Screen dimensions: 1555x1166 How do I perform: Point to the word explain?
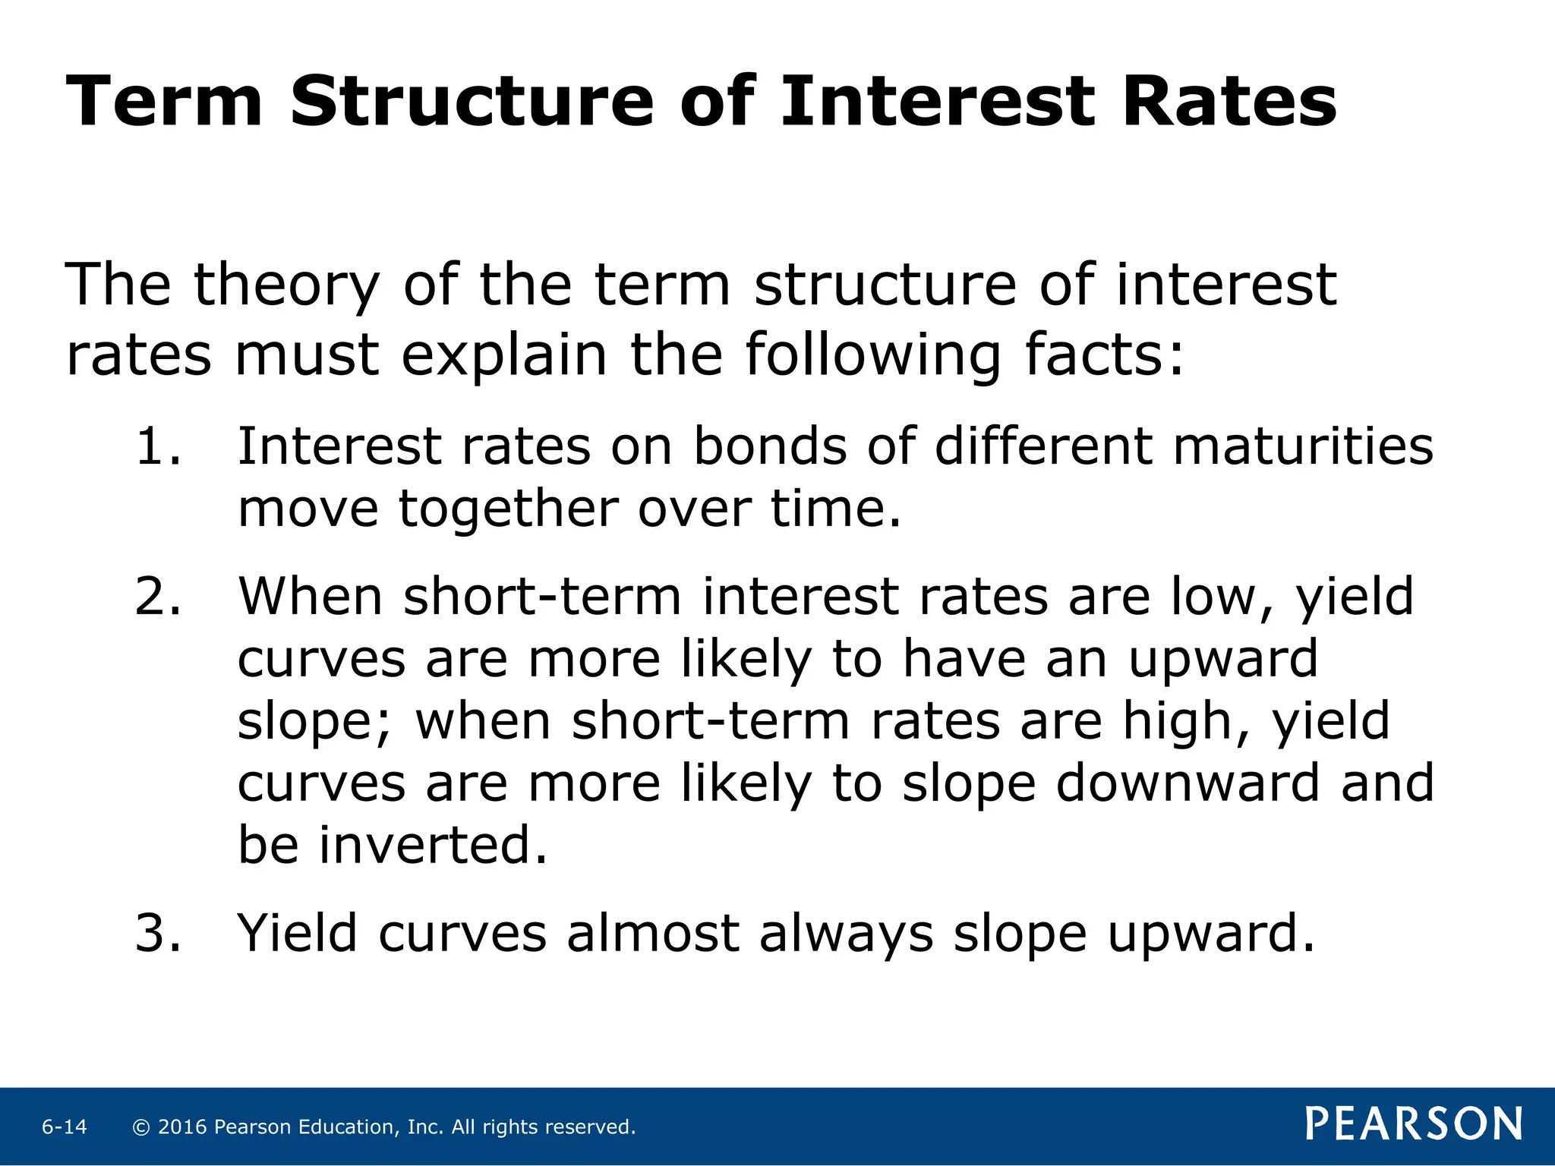pyautogui.click(x=504, y=356)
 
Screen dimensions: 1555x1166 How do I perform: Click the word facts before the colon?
pyautogui.click(x=1104, y=355)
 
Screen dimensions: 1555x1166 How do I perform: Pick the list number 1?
pyautogui.click(x=158, y=446)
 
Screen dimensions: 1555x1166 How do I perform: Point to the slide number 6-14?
pyautogui.click(x=65, y=1127)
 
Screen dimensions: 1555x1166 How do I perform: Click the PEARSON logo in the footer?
pyautogui.click(x=1414, y=1123)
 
